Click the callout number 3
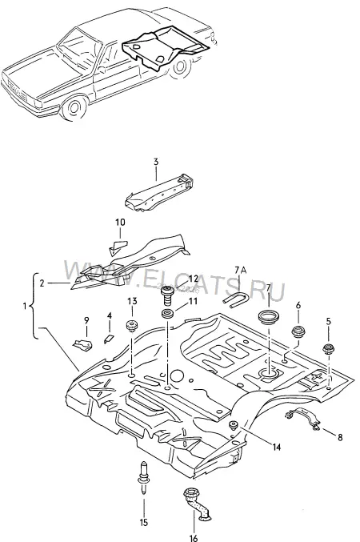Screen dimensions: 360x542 [156, 162]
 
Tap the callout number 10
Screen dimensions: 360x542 [120, 223]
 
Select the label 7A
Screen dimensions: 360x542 [241, 270]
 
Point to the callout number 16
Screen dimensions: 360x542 [194, 538]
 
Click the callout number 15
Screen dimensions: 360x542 [144, 522]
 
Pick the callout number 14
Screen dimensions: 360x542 [276, 447]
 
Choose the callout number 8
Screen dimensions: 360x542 [340, 438]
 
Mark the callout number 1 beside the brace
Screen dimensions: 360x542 [25, 307]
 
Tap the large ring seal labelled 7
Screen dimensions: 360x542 [269, 317]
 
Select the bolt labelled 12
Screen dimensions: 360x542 [167, 296]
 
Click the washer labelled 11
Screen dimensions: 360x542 [168, 315]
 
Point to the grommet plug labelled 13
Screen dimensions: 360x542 [131, 326]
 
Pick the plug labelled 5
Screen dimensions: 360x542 [327, 348]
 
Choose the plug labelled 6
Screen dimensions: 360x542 [298, 332]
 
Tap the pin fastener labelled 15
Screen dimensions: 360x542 [143, 479]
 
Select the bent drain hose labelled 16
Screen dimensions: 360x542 [198, 504]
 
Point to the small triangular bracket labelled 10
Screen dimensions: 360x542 [118, 247]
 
